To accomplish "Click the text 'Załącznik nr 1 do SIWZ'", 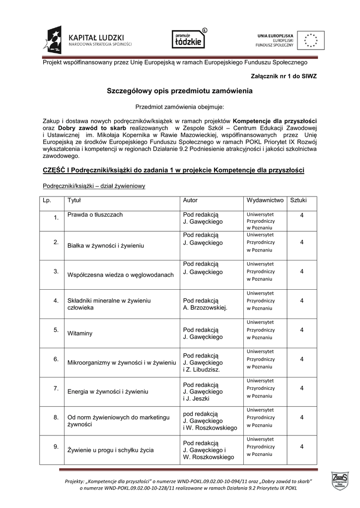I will coord(285,75).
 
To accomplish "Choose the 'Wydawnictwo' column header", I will coord(265,200).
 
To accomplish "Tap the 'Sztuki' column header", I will coord(298,200).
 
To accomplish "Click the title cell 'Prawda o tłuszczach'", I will coord(95,215).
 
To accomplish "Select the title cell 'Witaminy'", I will coord(80,334).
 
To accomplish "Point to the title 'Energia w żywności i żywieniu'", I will coord(108,391).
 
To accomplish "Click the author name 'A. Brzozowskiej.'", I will coord(205,308).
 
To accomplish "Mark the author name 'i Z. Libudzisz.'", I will coord(201,370).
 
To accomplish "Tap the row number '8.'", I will coord(57,417).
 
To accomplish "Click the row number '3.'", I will coord(57,271).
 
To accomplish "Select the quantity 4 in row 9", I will coord(302,447).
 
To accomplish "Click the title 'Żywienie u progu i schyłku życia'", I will coord(110,450).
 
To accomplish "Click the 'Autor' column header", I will coord(190,200).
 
